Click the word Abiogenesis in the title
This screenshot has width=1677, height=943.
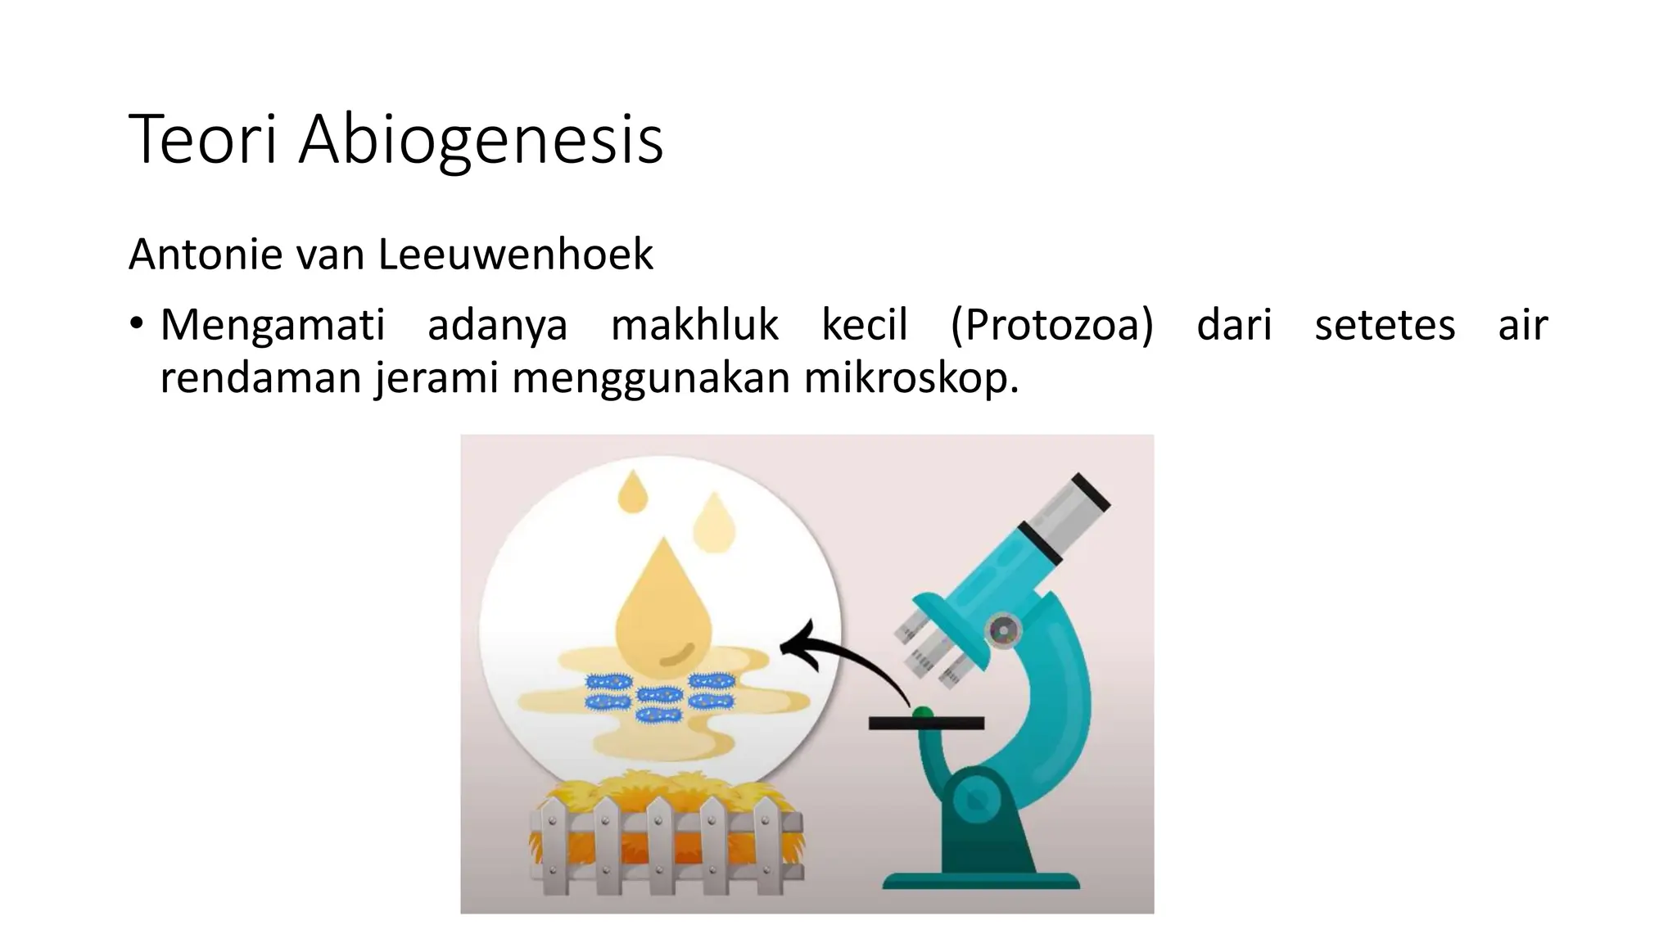(x=481, y=141)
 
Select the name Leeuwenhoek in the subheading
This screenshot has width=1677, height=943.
(x=515, y=255)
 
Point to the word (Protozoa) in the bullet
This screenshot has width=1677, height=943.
(x=1051, y=325)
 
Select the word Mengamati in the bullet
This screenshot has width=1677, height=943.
(x=272, y=325)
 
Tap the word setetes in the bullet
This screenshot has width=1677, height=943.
(x=1385, y=325)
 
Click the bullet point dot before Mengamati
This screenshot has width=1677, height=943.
(x=136, y=323)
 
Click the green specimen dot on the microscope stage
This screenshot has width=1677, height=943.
(x=923, y=713)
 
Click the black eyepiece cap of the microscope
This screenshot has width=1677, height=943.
(x=1091, y=493)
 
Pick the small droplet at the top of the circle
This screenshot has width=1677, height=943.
(x=632, y=492)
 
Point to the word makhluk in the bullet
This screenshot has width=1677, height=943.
(x=694, y=325)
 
